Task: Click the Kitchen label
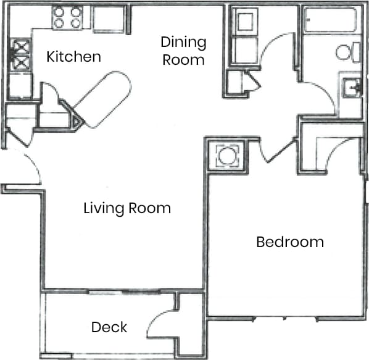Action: [73, 57]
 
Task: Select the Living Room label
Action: [126, 208]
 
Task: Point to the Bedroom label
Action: [289, 241]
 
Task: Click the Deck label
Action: [109, 327]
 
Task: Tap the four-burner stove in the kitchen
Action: [67, 18]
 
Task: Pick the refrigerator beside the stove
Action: [110, 19]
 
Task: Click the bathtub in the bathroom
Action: [330, 20]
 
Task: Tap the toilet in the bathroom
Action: [347, 52]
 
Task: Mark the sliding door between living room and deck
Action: [123, 291]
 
